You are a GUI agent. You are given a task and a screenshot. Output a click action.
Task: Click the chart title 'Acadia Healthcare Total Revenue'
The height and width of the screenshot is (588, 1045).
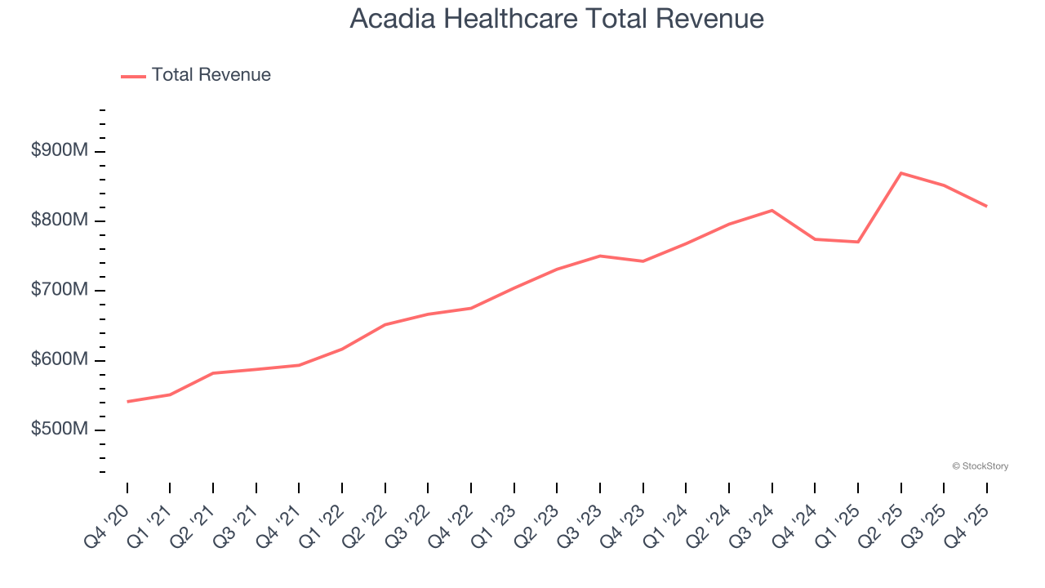tap(557, 19)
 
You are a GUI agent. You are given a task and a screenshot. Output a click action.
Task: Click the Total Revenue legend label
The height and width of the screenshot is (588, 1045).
tap(211, 75)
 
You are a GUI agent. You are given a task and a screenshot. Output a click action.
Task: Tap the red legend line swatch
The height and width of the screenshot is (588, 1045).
tap(133, 76)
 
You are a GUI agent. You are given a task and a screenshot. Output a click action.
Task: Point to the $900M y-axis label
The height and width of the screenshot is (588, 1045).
tap(60, 151)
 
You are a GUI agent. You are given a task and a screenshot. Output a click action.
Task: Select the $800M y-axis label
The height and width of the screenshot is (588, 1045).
tap(60, 220)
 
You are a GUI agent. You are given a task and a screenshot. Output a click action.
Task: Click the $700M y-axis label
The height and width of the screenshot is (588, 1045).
tap(60, 291)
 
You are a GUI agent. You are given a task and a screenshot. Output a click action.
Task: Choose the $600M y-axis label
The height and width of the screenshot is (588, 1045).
tap(60, 360)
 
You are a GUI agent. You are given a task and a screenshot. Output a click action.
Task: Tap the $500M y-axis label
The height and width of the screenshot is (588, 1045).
tap(60, 430)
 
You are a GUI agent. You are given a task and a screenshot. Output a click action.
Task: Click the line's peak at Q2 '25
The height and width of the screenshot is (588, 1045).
tap(901, 173)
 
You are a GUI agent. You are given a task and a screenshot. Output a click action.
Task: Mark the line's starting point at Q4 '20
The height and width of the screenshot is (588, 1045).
tap(127, 402)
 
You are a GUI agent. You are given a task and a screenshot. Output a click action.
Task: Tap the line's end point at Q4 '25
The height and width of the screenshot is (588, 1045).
tap(987, 206)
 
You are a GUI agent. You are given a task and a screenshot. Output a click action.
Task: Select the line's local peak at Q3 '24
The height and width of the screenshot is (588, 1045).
tap(772, 211)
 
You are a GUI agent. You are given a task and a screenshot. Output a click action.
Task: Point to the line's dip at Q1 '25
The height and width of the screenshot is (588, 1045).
tap(858, 242)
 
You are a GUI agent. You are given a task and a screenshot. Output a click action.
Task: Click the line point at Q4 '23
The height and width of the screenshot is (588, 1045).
tap(643, 261)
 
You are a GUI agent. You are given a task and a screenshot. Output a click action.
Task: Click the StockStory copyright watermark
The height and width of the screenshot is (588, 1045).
tap(980, 466)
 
